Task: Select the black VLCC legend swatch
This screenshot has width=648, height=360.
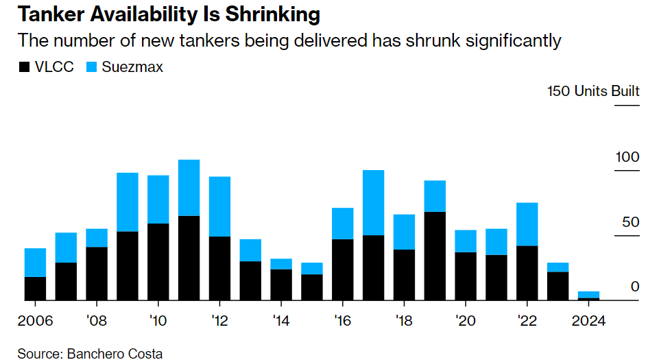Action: (23, 67)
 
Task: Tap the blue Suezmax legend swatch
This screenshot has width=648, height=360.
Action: (91, 67)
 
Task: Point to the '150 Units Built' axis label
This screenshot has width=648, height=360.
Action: (593, 91)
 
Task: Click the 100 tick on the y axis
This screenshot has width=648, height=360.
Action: (627, 157)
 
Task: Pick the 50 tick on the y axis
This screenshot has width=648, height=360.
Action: (631, 222)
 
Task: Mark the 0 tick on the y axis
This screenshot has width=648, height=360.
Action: (635, 287)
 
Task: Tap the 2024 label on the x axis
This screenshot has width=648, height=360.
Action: (588, 320)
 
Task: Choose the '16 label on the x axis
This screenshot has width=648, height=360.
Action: (342, 320)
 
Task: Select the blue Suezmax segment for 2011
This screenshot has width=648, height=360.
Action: (189, 188)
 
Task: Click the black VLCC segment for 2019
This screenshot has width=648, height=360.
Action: (435, 256)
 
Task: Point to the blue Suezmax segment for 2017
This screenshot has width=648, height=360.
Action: (373, 202)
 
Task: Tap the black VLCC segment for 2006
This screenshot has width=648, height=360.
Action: (35, 288)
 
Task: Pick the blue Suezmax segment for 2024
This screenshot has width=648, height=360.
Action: (589, 294)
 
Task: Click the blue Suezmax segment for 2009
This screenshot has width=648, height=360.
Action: (127, 202)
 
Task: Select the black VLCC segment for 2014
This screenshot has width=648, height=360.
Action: (281, 285)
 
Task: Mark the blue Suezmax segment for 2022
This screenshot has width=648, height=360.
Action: (527, 224)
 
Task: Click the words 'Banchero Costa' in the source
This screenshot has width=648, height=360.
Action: (114, 354)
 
